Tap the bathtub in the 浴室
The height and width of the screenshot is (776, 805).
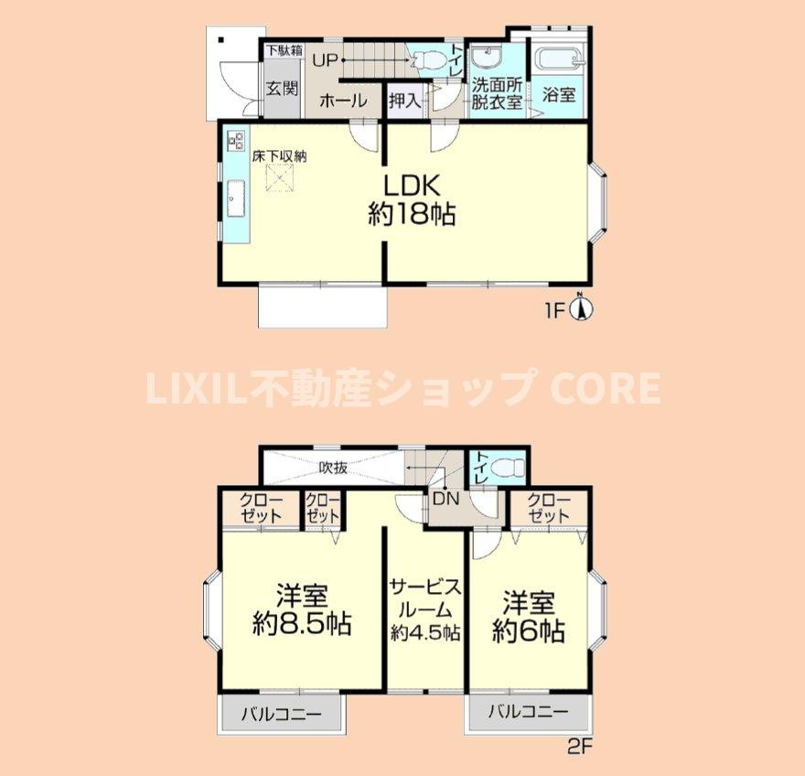557,63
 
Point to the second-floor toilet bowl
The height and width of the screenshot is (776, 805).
507,468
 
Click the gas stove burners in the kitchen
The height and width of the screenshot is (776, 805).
237,139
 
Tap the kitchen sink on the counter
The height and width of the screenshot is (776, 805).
236,199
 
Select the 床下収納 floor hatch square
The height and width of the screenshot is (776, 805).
279,178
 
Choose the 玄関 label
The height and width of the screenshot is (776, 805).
282,89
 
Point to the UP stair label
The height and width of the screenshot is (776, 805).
325,60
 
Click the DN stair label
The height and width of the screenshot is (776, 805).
445,498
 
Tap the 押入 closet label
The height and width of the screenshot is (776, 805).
404,100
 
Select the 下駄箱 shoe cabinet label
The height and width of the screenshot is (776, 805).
284,49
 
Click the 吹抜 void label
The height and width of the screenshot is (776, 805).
333,467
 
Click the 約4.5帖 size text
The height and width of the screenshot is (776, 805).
425,632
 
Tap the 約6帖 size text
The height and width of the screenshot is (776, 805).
529,631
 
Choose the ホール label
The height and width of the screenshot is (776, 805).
343,101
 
